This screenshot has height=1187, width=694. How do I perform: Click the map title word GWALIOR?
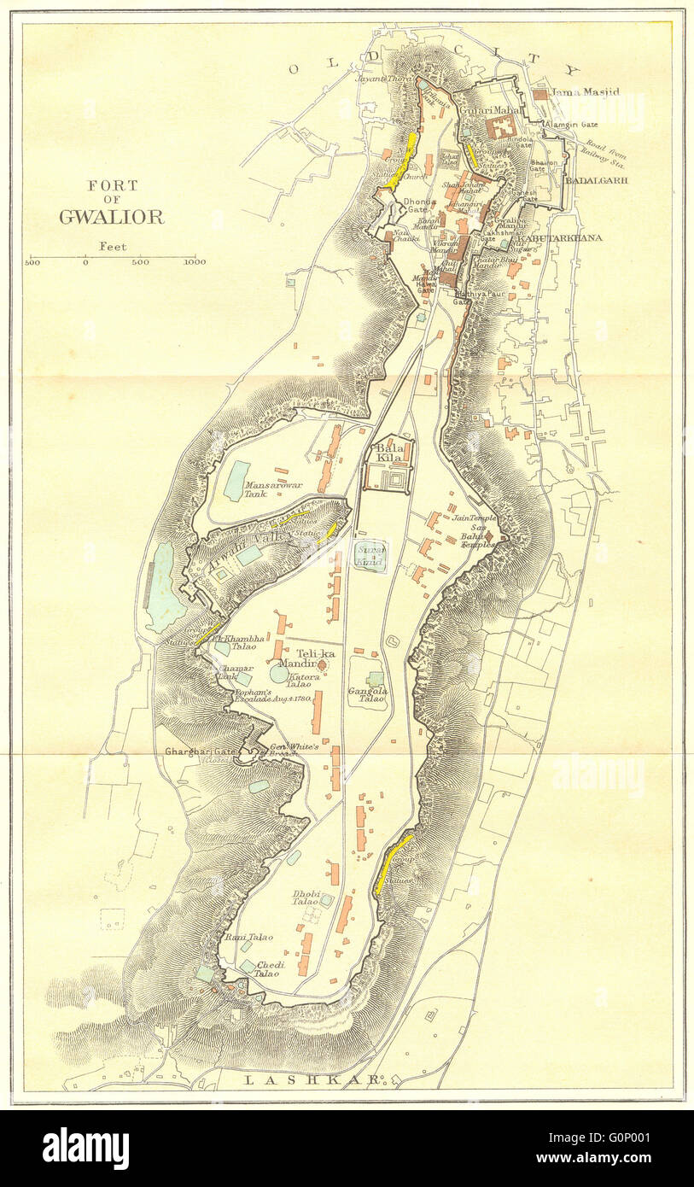pyautogui.click(x=111, y=217)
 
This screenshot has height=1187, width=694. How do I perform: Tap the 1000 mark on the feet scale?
pyautogui.click(x=195, y=263)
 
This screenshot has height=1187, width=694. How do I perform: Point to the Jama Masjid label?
pyautogui.click(x=586, y=92)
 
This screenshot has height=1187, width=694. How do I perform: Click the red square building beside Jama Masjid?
pyautogui.click(x=539, y=95)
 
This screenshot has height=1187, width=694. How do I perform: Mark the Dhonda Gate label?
pyautogui.click(x=415, y=205)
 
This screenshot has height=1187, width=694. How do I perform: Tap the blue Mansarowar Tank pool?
pyautogui.click(x=236, y=481)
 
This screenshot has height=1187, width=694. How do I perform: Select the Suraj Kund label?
pyautogui.click(x=370, y=557)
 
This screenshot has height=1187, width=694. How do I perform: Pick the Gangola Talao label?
pyautogui.click(x=368, y=695)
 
